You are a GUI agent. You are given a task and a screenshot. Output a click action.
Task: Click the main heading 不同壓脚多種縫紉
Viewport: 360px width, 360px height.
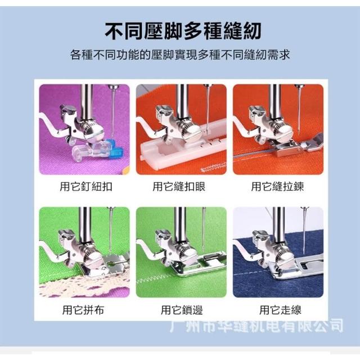183,30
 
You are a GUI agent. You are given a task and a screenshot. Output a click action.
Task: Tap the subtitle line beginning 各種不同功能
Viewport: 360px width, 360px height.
180,55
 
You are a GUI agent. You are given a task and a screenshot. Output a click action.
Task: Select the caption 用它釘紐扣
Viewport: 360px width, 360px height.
86,186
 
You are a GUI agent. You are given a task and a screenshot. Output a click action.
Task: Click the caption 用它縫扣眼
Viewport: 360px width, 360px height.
179,186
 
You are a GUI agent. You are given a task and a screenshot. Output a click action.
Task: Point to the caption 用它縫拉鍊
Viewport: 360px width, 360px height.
277,186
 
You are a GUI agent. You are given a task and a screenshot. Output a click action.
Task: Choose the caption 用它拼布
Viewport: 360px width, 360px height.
83,310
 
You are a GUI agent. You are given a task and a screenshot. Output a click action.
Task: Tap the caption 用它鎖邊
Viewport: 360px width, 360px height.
182,310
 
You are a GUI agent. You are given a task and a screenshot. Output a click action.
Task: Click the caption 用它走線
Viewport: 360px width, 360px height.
280,310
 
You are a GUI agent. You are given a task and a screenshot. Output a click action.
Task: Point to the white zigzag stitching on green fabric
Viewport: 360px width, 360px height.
151,279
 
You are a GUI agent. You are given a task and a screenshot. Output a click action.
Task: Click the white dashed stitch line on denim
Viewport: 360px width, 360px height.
253,273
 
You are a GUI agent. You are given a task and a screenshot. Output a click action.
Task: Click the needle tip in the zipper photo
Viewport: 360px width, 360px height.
299,133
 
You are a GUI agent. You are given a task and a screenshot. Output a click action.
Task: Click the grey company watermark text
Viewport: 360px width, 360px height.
256,325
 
